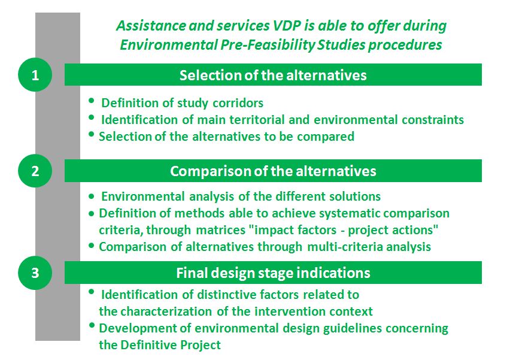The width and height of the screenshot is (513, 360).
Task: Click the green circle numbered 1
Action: tap(35, 75)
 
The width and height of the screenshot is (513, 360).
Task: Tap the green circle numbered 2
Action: tap(35, 171)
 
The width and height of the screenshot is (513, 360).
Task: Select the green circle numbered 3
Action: tap(35, 273)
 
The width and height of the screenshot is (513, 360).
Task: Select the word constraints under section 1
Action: tap(433, 119)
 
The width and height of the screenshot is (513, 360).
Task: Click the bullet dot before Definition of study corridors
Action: tap(92, 101)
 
